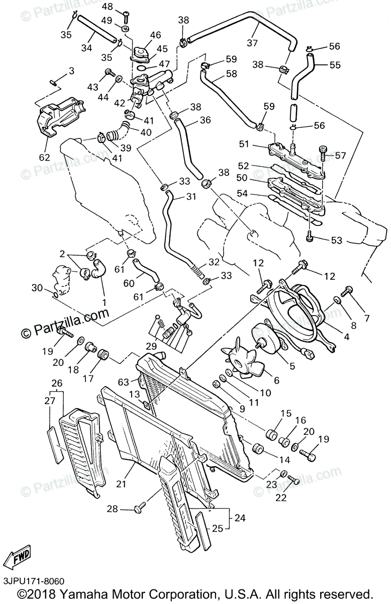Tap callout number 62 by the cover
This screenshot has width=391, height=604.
click(x=44, y=157)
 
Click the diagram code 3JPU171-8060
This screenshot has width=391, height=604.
click(x=33, y=581)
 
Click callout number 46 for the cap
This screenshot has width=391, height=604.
click(x=155, y=35)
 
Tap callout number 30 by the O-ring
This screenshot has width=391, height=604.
click(x=37, y=287)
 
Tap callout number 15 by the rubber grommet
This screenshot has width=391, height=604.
click(x=286, y=413)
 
